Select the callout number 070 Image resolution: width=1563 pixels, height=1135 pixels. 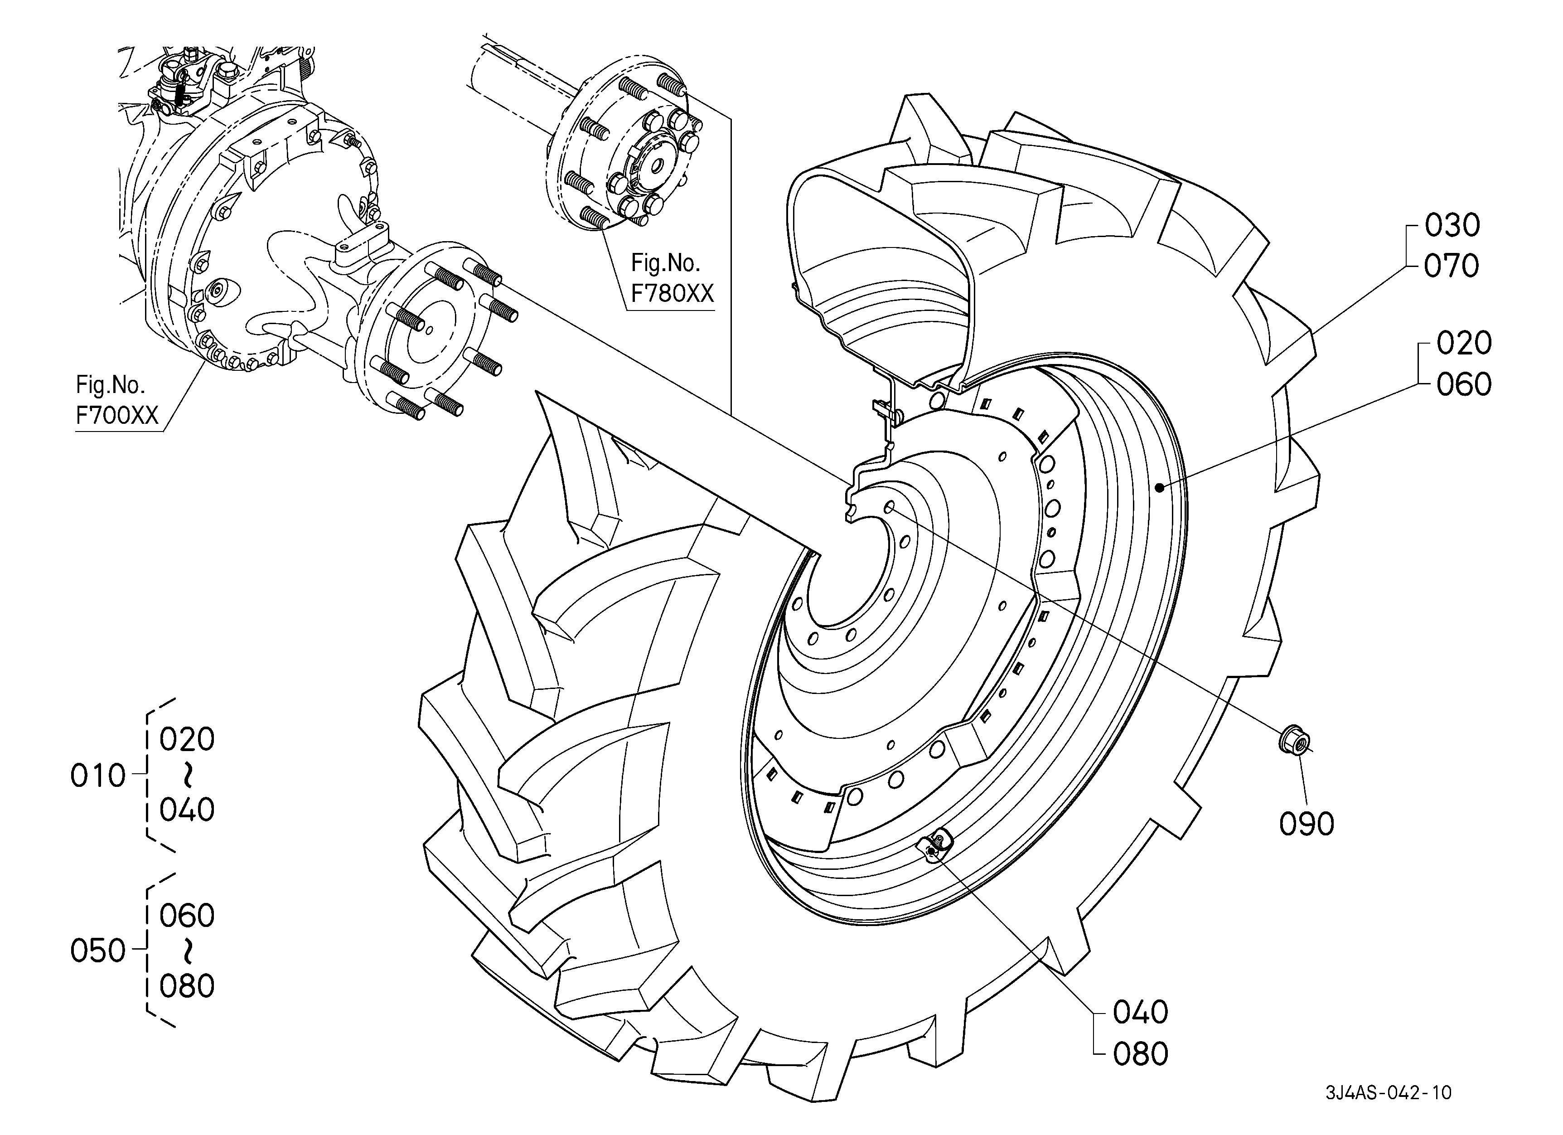pyautogui.click(x=1452, y=266)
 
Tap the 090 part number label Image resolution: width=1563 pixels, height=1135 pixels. pyautogui.click(x=1307, y=824)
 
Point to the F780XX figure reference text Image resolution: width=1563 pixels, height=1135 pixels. pyautogui.click(x=673, y=294)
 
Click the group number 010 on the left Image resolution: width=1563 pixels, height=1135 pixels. pyautogui.click(x=98, y=776)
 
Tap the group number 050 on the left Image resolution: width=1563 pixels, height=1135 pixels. pyautogui.click(x=98, y=951)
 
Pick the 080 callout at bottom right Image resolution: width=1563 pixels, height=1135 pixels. pyautogui.click(x=1141, y=1054)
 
